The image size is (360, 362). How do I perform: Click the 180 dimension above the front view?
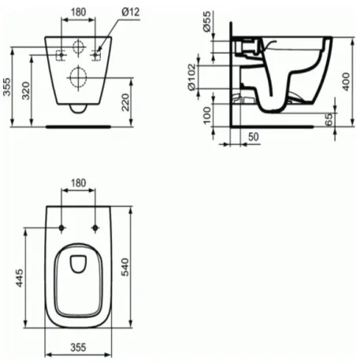pyautogui.click(x=78, y=13)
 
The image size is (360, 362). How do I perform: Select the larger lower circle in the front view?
pyautogui.click(x=78, y=77)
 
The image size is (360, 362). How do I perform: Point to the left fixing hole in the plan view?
pyautogui.click(x=61, y=228)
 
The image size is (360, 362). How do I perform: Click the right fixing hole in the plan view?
pyautogui.click(x=95, y=228)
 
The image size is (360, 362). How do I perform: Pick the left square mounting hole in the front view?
pyautogui.click(x=61, y=54)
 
